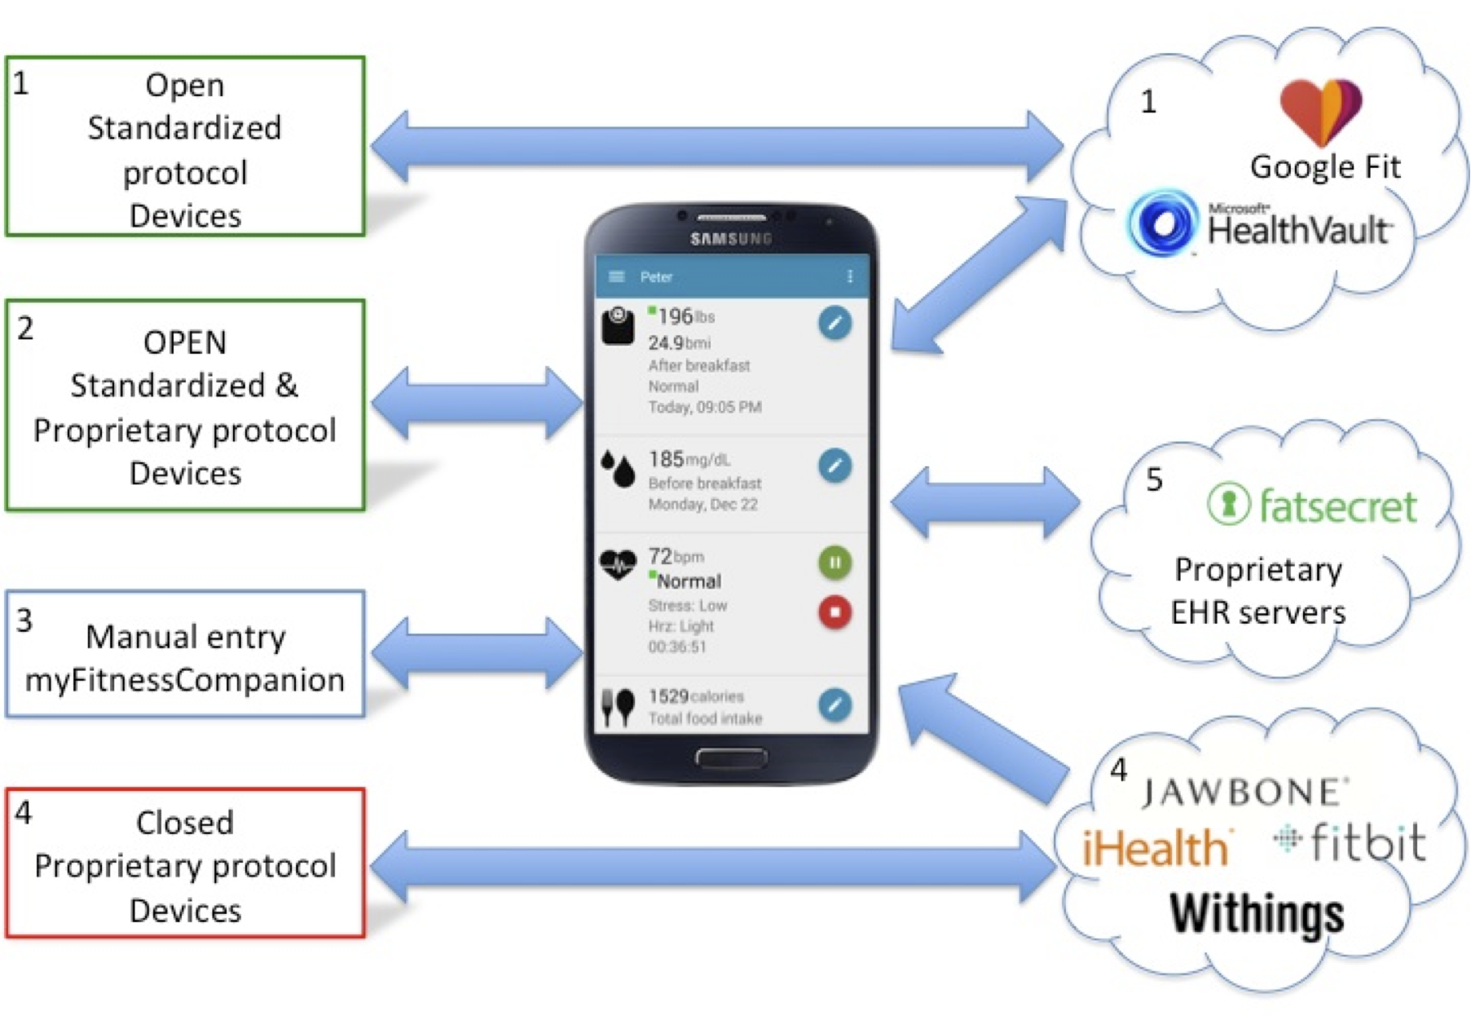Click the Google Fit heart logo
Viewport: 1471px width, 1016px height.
pyautogui.click(x=1320, y=110)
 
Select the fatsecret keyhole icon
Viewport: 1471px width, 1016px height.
pyautogui.click(x=1228, y=504)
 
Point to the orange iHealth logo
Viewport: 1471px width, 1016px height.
pyautogui.click(x=1156, y=848)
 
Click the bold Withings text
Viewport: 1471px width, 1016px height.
pyautogui.click(x=1256, y=913)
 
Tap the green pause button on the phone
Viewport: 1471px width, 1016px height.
pyautogui.click(x=835, y=563)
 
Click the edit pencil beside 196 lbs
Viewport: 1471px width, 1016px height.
pyautogui.click(x=835, y=323)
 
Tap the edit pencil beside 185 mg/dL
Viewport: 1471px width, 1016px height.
pyautogui.click(x=835, y=466)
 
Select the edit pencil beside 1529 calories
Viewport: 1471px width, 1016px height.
pyautogui.click(x=835, y=705)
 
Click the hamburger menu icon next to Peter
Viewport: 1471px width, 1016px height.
pyautogui.click(x=617, y=276)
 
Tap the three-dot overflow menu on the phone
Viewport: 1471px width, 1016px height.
pyautogui.click(x=850, y=276)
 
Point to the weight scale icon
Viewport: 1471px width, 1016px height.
pyautogui.click(x=618, y=327)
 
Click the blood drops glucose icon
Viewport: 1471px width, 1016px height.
pyautogui.click(x=619, y=469)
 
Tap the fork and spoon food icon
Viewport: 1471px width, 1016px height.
pyautogui.click(x=618, y=706)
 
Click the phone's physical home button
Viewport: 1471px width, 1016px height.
pyautogui.click(x=731, y=758)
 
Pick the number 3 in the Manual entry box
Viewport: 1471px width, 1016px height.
pyautogui.click(x=24, y=621)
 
